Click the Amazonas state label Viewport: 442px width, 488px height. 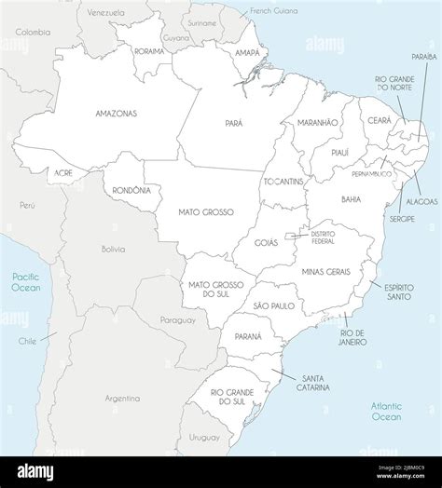pos(116,113)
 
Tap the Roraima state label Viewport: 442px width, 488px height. pos(149,52)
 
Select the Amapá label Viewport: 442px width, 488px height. pos(247,54)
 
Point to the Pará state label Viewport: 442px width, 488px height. pos(233,122)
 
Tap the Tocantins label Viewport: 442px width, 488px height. pos(283,181)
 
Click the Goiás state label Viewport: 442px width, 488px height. pos(266,241)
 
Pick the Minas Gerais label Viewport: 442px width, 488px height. pos(326,270)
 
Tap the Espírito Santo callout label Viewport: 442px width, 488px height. pos(399,292)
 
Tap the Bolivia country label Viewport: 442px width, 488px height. pos(113,249)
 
